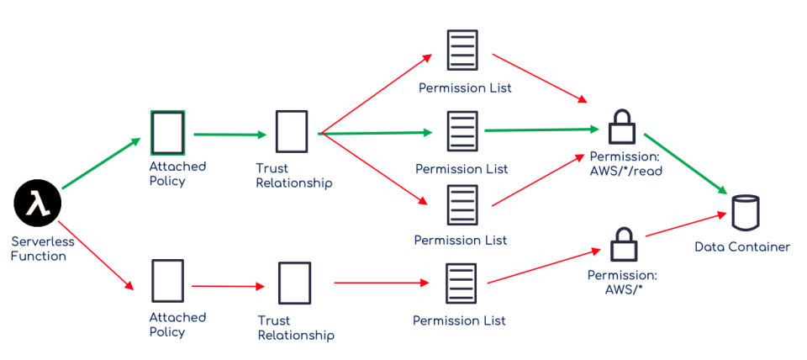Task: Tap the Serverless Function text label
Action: tap(43, 249)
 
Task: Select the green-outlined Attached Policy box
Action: tap(167, 133)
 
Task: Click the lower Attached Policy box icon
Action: tap(167, 281)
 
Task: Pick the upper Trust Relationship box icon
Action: tap(292, 132)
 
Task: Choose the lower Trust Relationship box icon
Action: tap(294, 283)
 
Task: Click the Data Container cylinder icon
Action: tap(745, 212)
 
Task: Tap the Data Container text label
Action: tap(742, 247)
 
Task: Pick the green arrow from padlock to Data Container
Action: tap(686, 163)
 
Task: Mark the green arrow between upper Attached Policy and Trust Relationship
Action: tap(229, 134)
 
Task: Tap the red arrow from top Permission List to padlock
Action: tap(538, 78)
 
